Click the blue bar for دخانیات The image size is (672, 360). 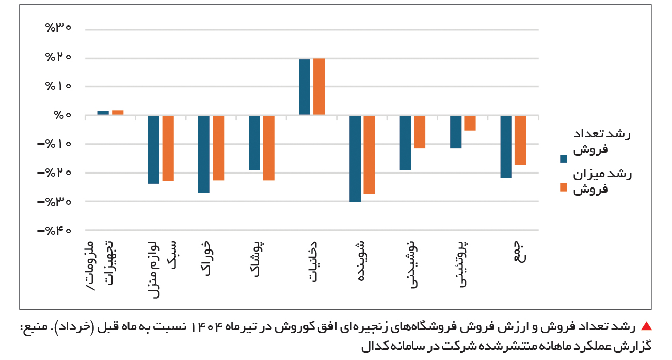305,87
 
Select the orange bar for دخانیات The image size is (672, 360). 319,87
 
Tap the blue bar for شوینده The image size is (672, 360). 355,159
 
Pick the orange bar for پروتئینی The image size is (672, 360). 470,123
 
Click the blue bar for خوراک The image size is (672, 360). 204,154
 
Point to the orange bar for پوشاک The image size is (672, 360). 268,148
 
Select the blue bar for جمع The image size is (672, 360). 506,147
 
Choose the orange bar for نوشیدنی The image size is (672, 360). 419,132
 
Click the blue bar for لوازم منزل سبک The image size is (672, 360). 153,149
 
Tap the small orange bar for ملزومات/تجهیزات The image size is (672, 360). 118,112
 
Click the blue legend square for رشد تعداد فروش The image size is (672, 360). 563,158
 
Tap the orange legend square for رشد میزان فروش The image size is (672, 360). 563,187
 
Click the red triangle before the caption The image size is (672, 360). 646,326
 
